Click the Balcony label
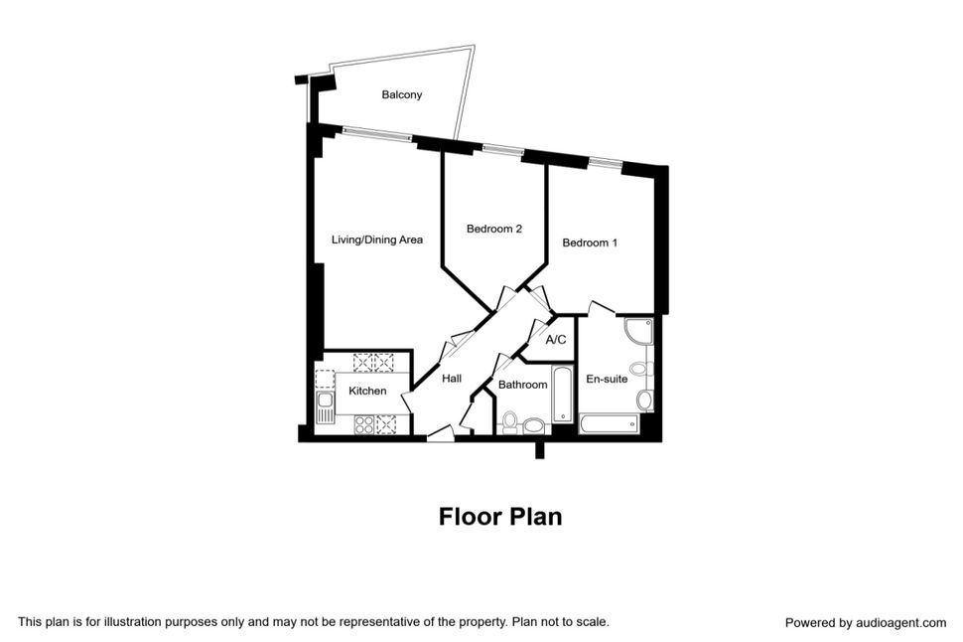[401, 95]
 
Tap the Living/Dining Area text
[377, 240]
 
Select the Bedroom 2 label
[494, 230]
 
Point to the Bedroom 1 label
[590, 242]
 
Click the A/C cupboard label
[555, 340]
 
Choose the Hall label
[452, 379]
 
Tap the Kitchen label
[367, 391]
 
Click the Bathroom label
[522, 385]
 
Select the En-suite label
[607, 379]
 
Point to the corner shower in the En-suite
[636, 332]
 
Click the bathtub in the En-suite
[609, 425]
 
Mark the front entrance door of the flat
[440, 433]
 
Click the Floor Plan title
[500, 517]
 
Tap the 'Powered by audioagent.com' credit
[865, 623]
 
